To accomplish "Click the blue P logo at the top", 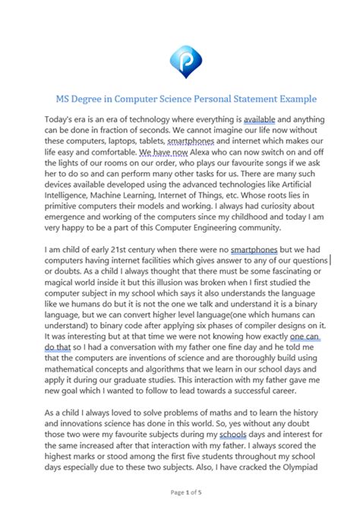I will pos(180,58).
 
